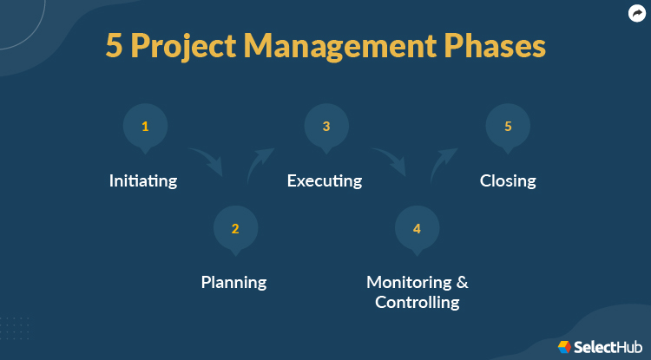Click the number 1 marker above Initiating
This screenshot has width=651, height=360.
(145, 127)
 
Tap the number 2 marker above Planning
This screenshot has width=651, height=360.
(235, 229)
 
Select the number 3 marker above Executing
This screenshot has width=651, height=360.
(326, 127)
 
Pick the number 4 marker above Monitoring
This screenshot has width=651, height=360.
(417, 229)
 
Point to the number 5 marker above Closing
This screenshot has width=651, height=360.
(508, 127)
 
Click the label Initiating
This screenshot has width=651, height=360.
(143, 181)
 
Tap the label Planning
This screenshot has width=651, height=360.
(233, 282)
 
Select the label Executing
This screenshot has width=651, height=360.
(325, 181)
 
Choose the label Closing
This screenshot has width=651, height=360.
(508, 181)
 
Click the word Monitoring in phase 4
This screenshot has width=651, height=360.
(411, 282)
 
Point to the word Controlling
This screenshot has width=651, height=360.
(417, 303)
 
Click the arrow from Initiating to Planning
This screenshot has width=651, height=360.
(206, 160)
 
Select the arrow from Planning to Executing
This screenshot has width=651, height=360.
(260, 162)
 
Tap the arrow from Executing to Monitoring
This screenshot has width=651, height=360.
(389, 160)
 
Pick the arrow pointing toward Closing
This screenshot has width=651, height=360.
(443, 162)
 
